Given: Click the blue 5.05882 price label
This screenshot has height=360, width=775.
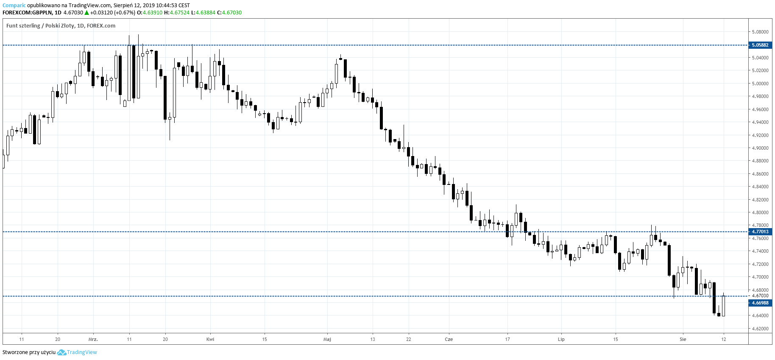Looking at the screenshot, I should coord(760,45).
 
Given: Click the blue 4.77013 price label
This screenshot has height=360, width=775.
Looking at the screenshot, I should coord(760,232).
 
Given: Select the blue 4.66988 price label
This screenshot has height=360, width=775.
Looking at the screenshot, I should coord(760,303).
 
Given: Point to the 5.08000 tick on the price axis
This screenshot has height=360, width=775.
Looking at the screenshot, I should coord(760,32).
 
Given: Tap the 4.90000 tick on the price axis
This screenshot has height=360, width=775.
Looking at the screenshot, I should coord(760,148).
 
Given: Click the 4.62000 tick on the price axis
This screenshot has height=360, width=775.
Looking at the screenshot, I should coord(760,329).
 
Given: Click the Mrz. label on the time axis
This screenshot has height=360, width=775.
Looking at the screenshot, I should coord(93,339).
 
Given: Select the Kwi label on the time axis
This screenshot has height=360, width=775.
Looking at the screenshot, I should coord(210,339).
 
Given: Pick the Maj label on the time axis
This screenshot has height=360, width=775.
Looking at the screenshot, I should coord(327,339).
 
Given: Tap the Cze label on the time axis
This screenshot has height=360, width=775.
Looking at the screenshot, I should coord(449,339).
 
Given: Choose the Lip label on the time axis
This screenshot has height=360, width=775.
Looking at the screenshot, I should coord(561,339).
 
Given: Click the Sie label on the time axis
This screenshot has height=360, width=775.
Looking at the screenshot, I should coord(683,339).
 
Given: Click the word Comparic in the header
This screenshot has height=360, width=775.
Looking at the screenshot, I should coord(14,6).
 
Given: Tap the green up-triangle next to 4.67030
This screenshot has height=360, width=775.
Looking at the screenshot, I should coord(87,13).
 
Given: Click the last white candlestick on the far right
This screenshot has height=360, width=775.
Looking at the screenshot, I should coord(723,305).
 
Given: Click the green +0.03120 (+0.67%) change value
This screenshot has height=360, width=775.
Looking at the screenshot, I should coord(113,13).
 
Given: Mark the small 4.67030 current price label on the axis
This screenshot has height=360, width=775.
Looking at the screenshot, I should coord(760,296).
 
